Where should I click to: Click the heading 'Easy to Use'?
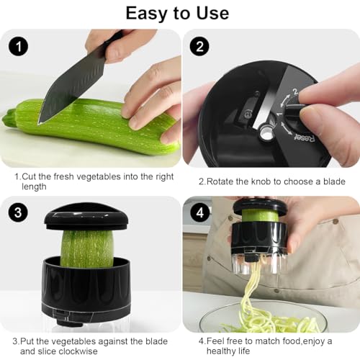pyautogui.click(x=177, y=12)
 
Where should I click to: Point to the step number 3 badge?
pyautogui.click(x=18, y=212)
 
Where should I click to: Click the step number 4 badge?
pyautogui.click(x=199, y=212)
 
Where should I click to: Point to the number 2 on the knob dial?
pyautogui.click(x=292, y=93)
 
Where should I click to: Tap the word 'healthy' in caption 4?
pyautogui.click(x=213, y=351)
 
